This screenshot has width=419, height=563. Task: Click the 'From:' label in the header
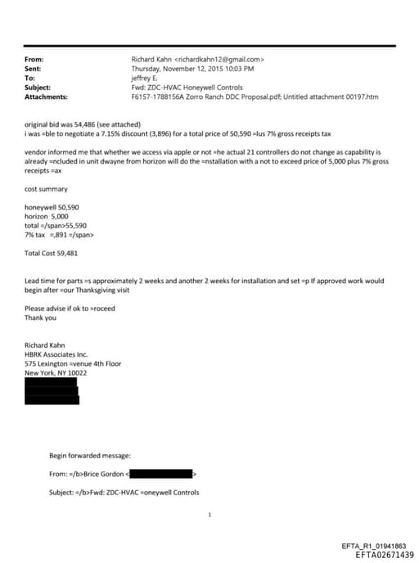(34, 59)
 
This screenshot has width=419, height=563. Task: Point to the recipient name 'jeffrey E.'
(147, 78)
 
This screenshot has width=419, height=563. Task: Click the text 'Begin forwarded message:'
(89, 455)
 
